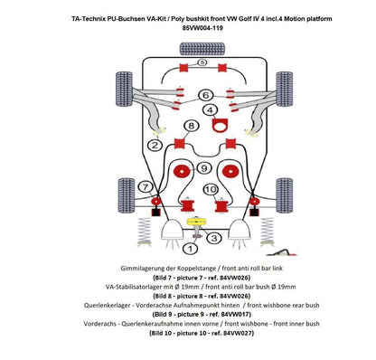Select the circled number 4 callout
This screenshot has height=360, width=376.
(x=211, y=109)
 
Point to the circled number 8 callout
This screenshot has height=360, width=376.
(x=190, y=126)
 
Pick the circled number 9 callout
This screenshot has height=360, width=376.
(x=205, y=168)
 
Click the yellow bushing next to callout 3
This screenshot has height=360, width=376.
(x=190, y=219)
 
